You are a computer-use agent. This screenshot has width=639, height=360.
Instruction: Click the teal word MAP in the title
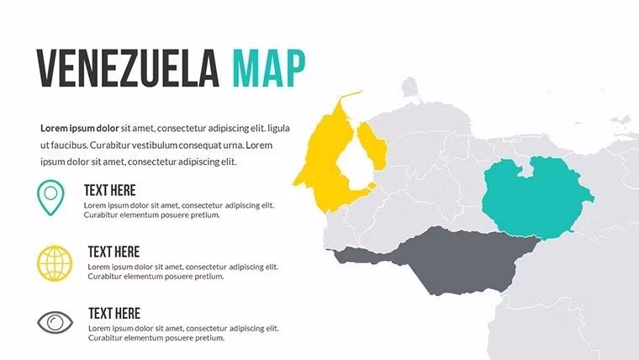click(268, 68)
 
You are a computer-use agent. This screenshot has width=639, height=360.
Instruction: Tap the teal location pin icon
click(50, 195)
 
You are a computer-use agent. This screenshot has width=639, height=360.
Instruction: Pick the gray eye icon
click(55, 321)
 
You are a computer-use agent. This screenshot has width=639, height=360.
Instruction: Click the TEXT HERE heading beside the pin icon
click(110, 190)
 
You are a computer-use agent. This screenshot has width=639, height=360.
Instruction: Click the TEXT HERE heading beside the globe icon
click(114, 251)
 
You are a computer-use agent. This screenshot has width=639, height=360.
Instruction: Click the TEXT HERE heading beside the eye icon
click(114, 313)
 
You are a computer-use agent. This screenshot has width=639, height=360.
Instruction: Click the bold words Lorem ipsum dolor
click(80, 129)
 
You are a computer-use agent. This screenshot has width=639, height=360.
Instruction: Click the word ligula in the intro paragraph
click(278, 129)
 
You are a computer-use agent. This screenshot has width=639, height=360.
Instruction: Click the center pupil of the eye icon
click(55, 321)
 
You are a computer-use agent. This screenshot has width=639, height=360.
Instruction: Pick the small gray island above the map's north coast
click(409, 86)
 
